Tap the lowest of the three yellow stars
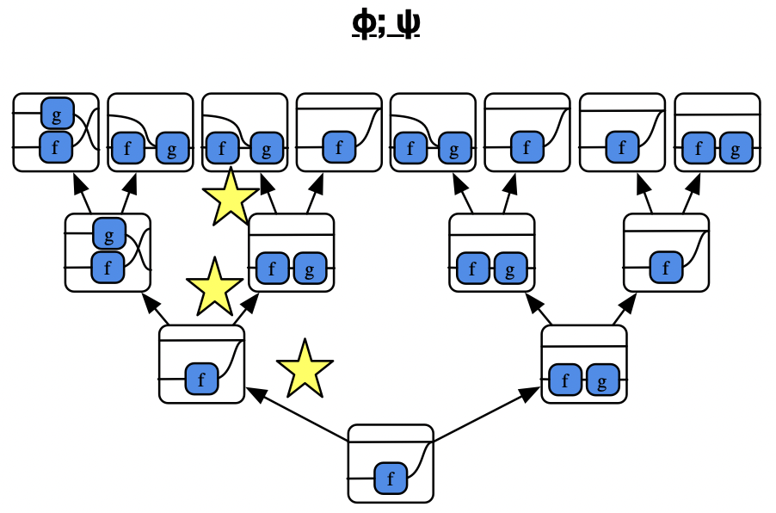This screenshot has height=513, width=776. click(305, 368)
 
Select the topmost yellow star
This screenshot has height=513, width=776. click(230, 197)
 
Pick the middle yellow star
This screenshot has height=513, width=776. click(214, 287)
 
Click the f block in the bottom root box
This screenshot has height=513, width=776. click(391, 478)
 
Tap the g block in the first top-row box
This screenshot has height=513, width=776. click(57, 113)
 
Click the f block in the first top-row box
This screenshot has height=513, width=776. click(57, 147)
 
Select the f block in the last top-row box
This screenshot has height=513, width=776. click(699, 149)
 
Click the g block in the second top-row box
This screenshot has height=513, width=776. click(172, 149)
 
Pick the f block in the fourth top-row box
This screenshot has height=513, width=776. click(339, 148)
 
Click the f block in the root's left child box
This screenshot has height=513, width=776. click(201, 378)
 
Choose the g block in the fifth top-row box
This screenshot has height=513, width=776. click(453, 149)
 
